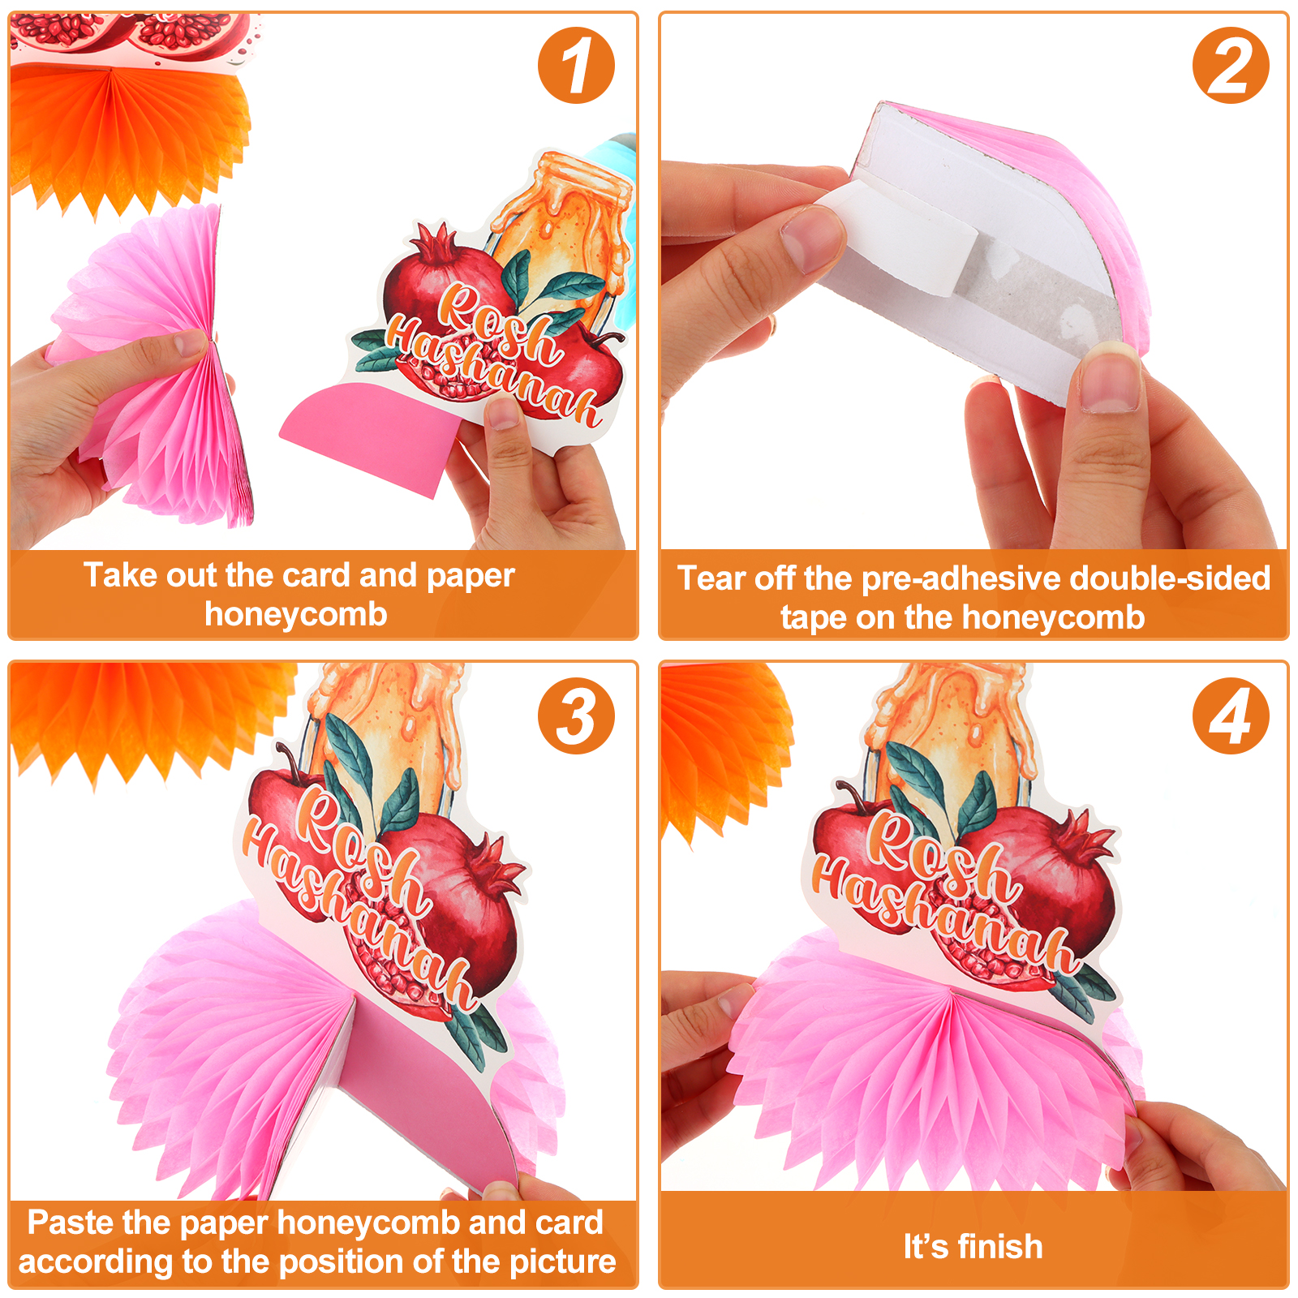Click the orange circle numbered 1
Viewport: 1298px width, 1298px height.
pyautogui.click(x=576, y=66)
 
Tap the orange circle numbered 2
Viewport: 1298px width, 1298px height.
pyautogui.click(x=1231, y=66)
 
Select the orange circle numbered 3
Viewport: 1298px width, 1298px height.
pyautogui.click(x=576, y=716)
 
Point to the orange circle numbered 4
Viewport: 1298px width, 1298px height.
pyautogui.click(x=1231, y=716)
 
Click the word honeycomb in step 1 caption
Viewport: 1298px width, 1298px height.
pyautogui.click(x=296, y=615)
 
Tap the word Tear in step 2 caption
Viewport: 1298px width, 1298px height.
pyautogui.click(x=711, y=578)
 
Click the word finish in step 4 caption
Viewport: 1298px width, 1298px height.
pyautogui.click(x=1000, y=1247)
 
